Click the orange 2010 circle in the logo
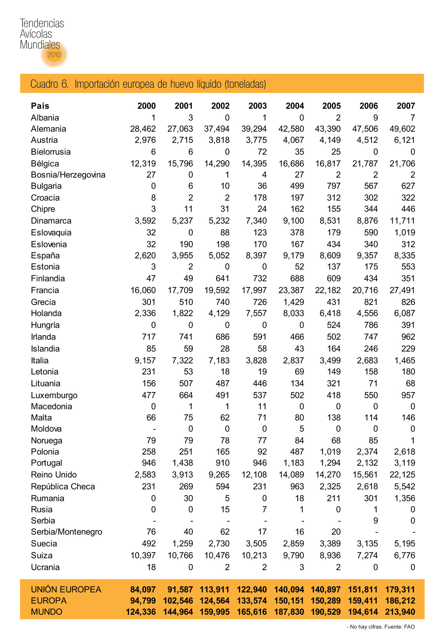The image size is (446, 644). pyautogui.click(x=54, y=55)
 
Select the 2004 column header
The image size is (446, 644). pyautogui.click(x=295, y=106)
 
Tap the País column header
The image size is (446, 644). pyautogui.click(x=40, y=106)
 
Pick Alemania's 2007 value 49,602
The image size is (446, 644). pyautogui.click(x=402, y=129)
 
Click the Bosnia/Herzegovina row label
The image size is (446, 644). pyautogui.click(x=68, y=175)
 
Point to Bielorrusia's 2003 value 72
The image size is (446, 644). pyautogui.click(x=262, y=152)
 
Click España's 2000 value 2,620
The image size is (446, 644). pyautogui.click(x=145, y=255)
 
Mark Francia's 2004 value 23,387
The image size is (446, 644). pyautogui.click(x=291, y=290)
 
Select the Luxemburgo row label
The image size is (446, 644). pyautogui.click(x=54, y=395)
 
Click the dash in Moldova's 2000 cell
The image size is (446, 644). pyautogui.click(x=154, y=429)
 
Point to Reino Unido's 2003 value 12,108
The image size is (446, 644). pyautogui.click(x=254, y=475)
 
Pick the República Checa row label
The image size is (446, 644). pyautogui.click(x=63, y=486)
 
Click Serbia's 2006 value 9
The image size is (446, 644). pyautogui.click(x=375, y=520)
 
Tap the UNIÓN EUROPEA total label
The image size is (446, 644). pyautogui.click(x=66, y=589)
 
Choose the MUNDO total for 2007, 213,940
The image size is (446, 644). pyautogui.click(x=400, y=612)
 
